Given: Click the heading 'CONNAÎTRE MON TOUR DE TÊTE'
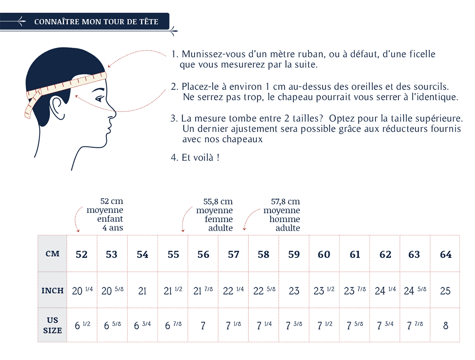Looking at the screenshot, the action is [96, 22].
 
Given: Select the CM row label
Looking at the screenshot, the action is [52, 254].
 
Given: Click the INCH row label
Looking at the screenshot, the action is [53, 291].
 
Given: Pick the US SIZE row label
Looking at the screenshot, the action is [53, 325].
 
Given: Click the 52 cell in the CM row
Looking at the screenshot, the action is [82, 254].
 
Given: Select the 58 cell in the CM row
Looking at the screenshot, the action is [264, 254].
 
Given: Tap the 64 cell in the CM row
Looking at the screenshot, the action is [446, 254].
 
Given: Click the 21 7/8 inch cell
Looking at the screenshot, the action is [203, 291].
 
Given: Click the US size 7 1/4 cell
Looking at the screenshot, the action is [264, 325].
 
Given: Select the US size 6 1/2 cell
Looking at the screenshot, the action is [82, 325].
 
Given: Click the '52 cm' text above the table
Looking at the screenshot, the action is [111, 201].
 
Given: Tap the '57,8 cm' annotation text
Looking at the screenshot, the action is [285, 202].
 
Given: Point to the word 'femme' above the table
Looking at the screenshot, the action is [219, 219].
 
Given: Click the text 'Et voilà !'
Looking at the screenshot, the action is [200, 158].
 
